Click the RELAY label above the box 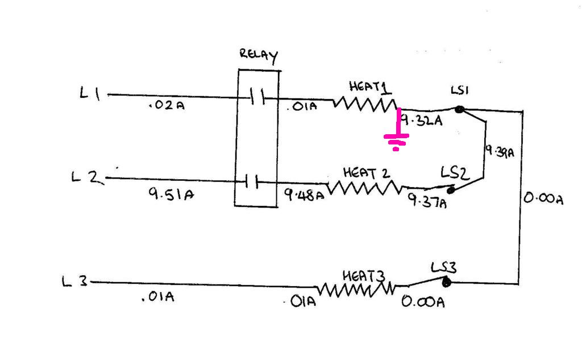coord(259,56)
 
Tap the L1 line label coord(90,93)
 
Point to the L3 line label coord(74,282)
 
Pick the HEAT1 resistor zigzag coord(365,104)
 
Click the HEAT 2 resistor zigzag coord(364,188)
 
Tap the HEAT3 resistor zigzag coord(355,289)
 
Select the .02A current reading coord(167,106)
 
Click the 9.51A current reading coord(171,193)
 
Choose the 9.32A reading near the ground coord(422,120)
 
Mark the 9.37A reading coord(427,201)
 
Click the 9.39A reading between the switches coord(500,152)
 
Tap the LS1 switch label coord(460,90)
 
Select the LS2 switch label coord(455,173)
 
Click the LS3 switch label coord(443,267)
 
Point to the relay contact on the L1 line coord(257,97)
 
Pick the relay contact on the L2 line coord(252,181)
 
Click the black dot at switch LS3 coord(447,283)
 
